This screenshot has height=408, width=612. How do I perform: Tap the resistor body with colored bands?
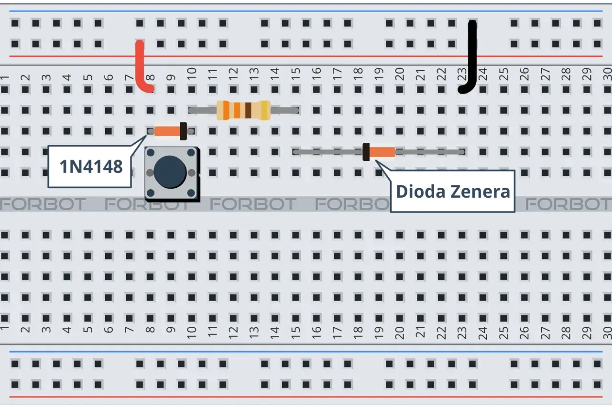pos(243,110)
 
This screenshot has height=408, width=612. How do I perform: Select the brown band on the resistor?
pos(248,110)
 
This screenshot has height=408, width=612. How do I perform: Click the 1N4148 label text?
pos(91,167)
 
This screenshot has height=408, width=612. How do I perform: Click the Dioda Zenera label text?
pos(453,192)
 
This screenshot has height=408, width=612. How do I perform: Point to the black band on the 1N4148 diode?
pos(183,131)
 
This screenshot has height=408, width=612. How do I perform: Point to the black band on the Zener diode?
pos(366,152)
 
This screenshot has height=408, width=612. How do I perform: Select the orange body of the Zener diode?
pos(382,152)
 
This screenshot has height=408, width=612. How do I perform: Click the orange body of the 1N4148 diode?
pos(167,131)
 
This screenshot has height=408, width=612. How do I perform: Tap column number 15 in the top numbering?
pos(295,75)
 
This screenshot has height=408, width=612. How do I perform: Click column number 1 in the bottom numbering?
pos(4,329)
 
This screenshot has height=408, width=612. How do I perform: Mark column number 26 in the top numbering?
pos(525,75)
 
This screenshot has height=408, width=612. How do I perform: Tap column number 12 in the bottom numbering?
pos(233,333)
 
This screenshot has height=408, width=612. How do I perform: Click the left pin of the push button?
pos(150,172)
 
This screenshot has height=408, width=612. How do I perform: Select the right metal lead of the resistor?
pos(284,110)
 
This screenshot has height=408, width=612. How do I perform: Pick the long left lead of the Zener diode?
pos(328,152)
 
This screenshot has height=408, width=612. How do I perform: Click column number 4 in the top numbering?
pos(67,77)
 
